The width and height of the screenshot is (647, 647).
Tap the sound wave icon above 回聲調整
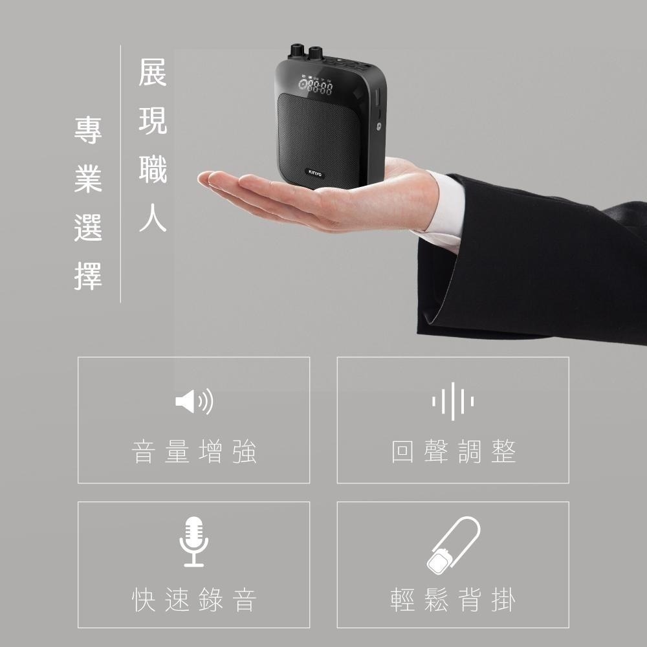pyautogui.click(x=453, y=401)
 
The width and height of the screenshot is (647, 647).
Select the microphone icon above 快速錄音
pyautogui.click(x=193, y=542)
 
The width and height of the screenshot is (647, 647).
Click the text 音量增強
pyautogui.click(x=194, y=452)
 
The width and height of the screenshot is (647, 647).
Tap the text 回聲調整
pyautogui.click(x=453, y=452)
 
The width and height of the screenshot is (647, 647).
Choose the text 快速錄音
pyautogui.click(x=194, y=600)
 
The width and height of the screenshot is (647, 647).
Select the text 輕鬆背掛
pyautogui.click(x=453, y=600)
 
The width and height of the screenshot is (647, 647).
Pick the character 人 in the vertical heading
pyautogui.click(x=153, y=219)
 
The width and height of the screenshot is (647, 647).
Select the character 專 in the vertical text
pyautogui.click(x=88, y=129)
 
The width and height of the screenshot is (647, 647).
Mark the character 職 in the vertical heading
pyautogui.click(x=153, y=170)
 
